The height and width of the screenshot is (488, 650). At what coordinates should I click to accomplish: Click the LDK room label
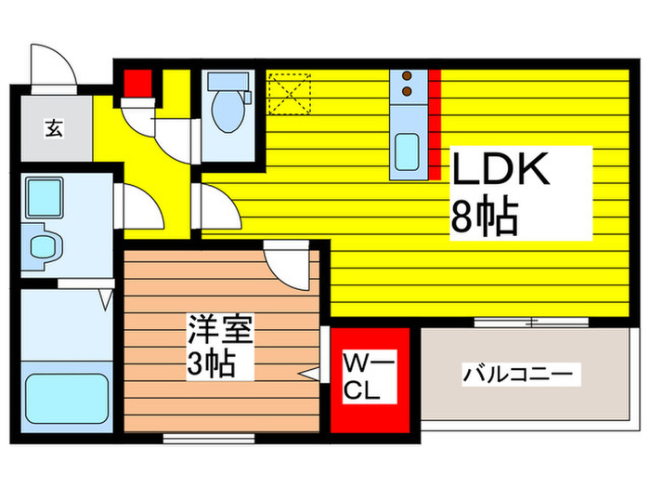point(500,168)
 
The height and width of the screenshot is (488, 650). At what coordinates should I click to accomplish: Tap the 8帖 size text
point(484,217)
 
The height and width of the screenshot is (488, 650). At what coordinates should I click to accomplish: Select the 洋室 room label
point(220,329)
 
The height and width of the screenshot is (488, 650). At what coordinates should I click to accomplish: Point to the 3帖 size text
point(211,363)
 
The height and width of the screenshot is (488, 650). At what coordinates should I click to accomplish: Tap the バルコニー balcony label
point(518,375)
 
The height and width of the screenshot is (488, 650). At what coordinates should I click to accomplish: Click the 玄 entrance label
point(54,128)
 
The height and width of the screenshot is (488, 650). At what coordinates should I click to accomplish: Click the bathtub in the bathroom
point(67,399)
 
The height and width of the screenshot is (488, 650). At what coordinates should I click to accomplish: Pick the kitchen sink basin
point(407,152)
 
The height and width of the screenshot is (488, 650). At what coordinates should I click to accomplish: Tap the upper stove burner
point(408,76)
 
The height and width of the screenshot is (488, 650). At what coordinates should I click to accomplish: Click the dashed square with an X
point(290,94)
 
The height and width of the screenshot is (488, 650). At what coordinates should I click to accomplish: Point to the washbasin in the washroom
point(43,246)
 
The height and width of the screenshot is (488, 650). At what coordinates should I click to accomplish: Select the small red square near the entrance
point(137,84)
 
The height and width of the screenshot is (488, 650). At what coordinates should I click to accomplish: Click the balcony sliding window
point(531,322)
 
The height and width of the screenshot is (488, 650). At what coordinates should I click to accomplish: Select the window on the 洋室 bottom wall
point(209,438)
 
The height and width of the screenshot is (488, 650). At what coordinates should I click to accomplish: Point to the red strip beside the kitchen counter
point(435,125)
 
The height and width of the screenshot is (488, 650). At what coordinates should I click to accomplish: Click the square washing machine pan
point(44,198)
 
